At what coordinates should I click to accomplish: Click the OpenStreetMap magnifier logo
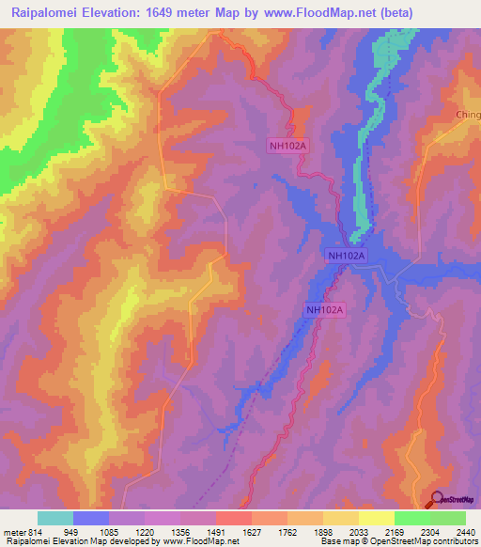pos(437,498)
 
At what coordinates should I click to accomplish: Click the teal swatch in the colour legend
pos(55,518)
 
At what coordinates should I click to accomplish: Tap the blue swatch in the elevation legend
pos(91,518)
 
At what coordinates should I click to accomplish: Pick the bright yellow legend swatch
pos(377,518)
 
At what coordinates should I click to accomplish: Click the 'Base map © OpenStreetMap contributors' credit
pos(398,542)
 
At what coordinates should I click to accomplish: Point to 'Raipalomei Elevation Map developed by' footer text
pos(80,542)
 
